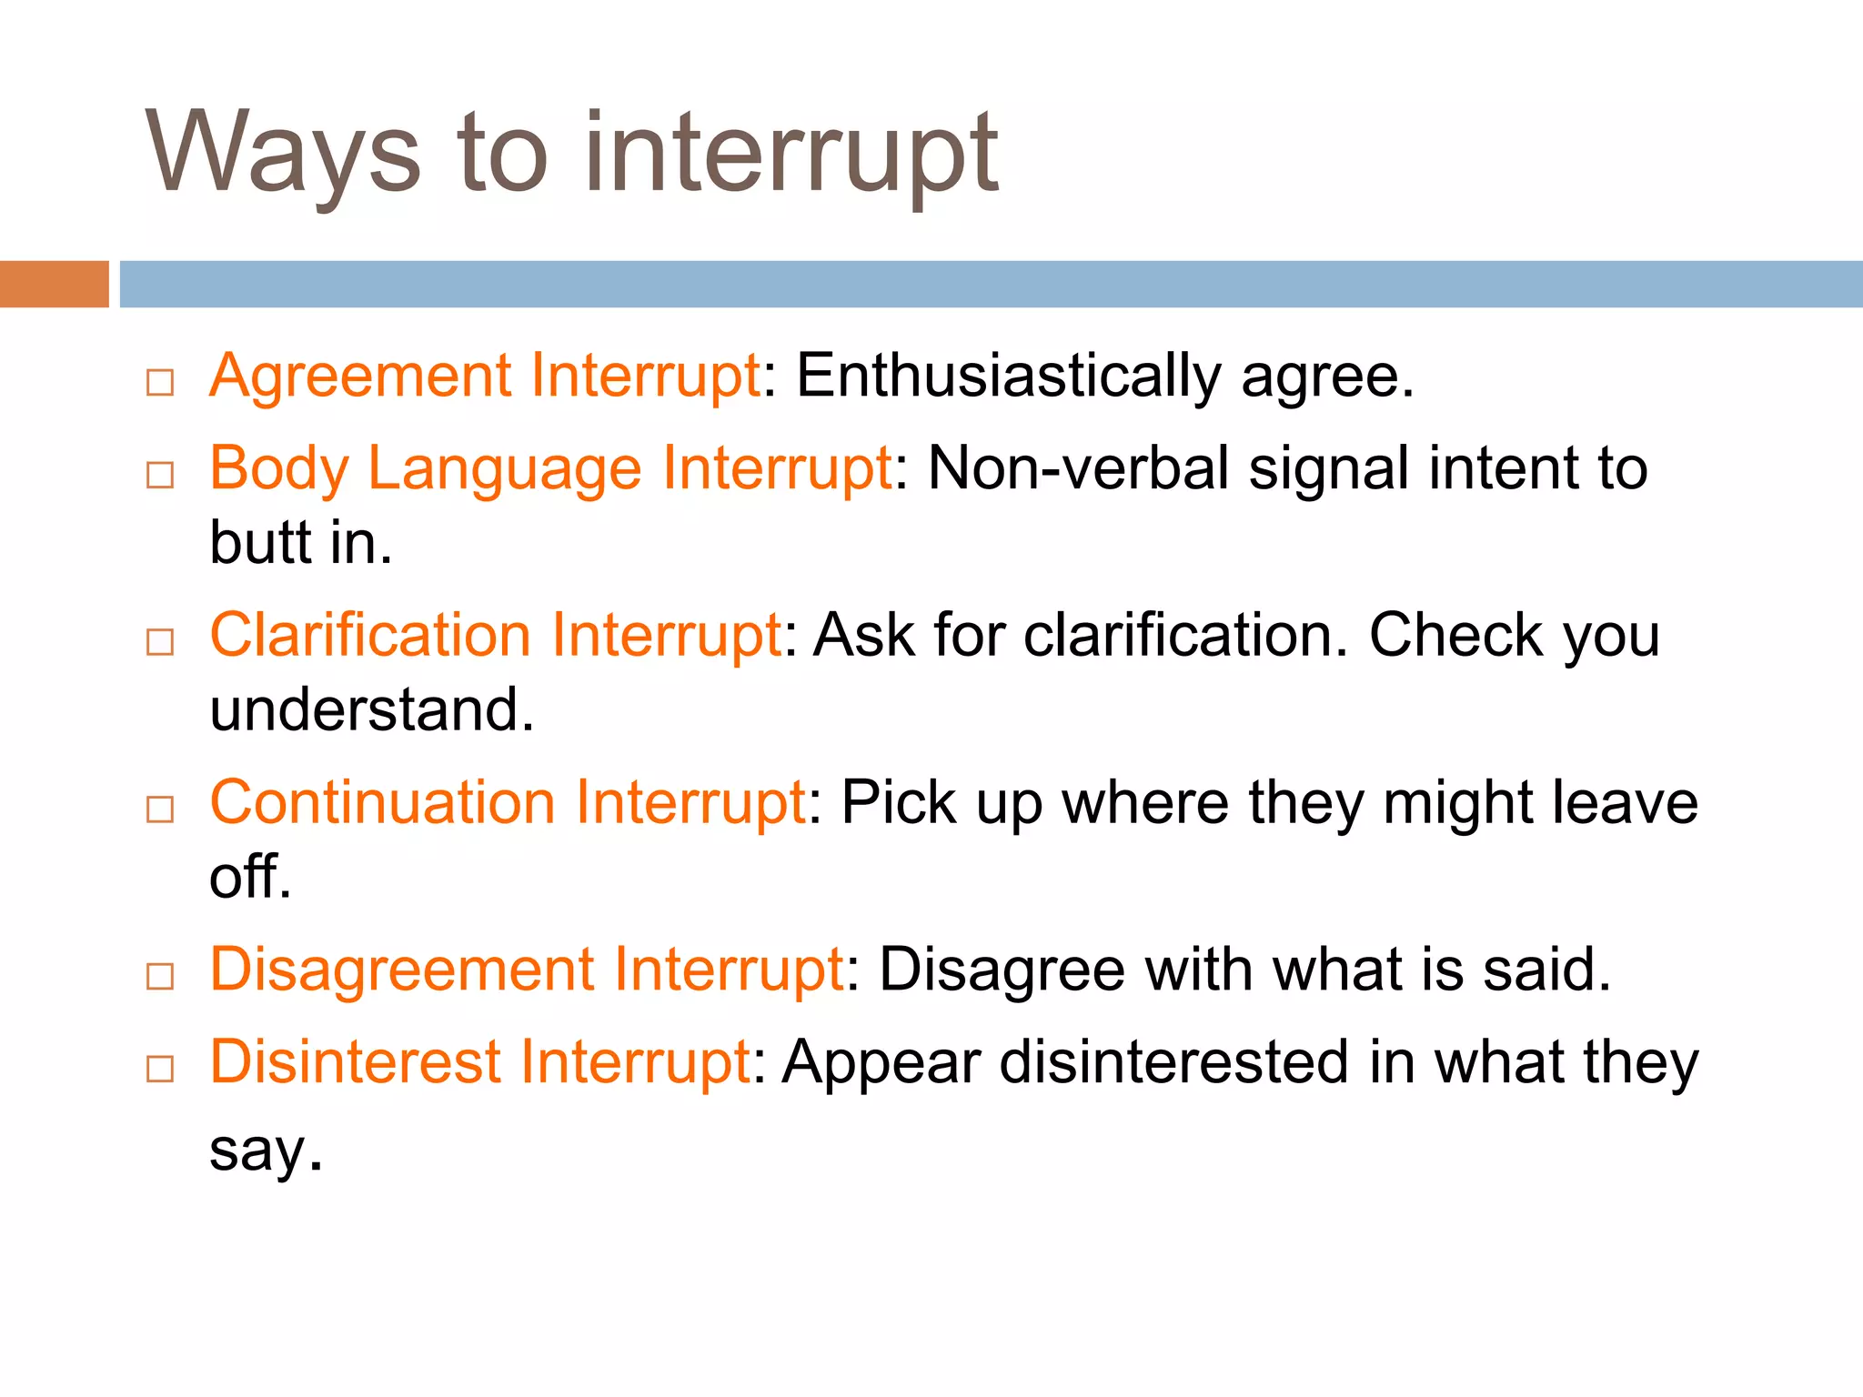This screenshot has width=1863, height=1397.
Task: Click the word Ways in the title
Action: (282, 153)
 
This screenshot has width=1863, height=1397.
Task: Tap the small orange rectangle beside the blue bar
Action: (54, 284)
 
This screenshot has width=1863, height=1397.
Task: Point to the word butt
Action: (260, 543)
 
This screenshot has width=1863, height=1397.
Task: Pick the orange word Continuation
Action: (382, 803)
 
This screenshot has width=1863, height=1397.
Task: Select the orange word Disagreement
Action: (401, 970)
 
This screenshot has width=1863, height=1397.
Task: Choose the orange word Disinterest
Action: (355, 1062)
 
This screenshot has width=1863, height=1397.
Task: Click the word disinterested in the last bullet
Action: (1173, 1062)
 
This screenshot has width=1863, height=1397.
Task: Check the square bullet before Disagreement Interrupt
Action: (160, 977)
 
